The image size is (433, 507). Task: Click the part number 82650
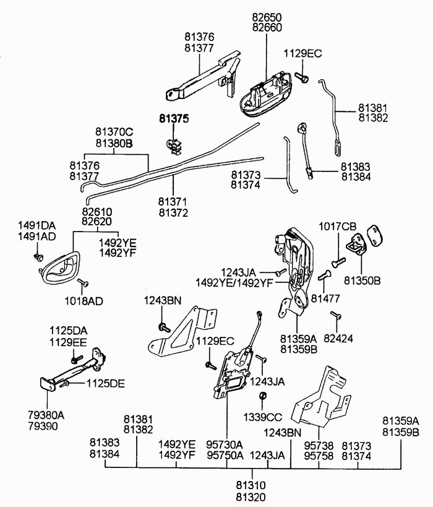click(267, 17)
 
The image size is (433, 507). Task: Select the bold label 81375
click(174, 119)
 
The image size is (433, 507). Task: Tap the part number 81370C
click(114, 132)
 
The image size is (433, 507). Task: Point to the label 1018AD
click(84, 301)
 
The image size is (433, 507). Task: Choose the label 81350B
click(362, 280)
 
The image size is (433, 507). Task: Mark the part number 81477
click(325, 298)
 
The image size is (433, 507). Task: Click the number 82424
click(338, 338)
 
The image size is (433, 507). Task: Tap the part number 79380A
click(46, 415)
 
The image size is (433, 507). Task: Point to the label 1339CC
click(262, 417)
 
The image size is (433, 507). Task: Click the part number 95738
click(319, 446)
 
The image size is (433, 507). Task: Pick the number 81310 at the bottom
click(251, 485)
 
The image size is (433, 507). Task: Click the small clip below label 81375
click(173, 146)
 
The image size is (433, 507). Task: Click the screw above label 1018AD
click(84, 282)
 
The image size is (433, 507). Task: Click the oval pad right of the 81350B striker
click(375, 235)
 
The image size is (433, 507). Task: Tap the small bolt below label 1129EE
click(77, 359)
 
